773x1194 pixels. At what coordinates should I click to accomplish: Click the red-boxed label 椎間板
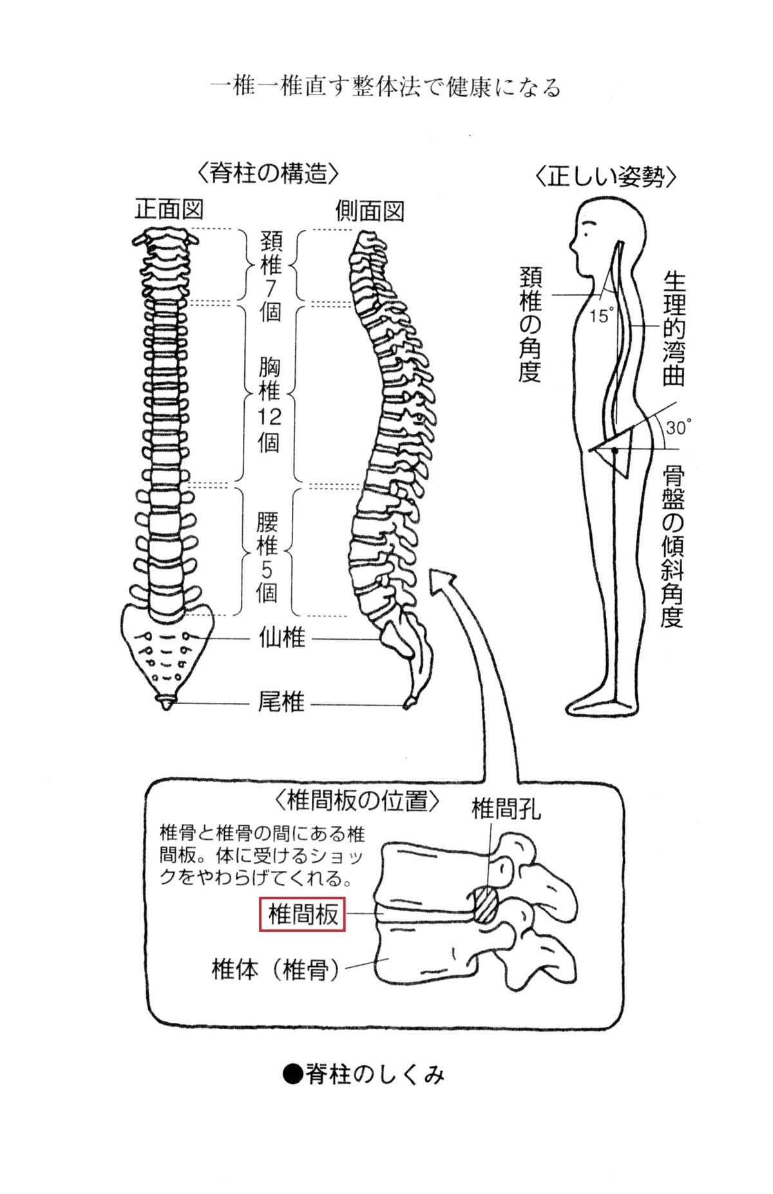point(302,915)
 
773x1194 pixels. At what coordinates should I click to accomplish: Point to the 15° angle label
point(602,316)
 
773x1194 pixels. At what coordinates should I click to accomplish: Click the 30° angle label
point(678,427)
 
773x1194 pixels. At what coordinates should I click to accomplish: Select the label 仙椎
point(281,639)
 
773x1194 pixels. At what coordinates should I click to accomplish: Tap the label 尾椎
point(281,702)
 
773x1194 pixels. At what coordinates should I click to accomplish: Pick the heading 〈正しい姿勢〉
point(606,176)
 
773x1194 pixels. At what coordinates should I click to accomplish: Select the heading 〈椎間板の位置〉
point(357,802)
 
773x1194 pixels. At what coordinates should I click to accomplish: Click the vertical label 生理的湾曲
point(674,329)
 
